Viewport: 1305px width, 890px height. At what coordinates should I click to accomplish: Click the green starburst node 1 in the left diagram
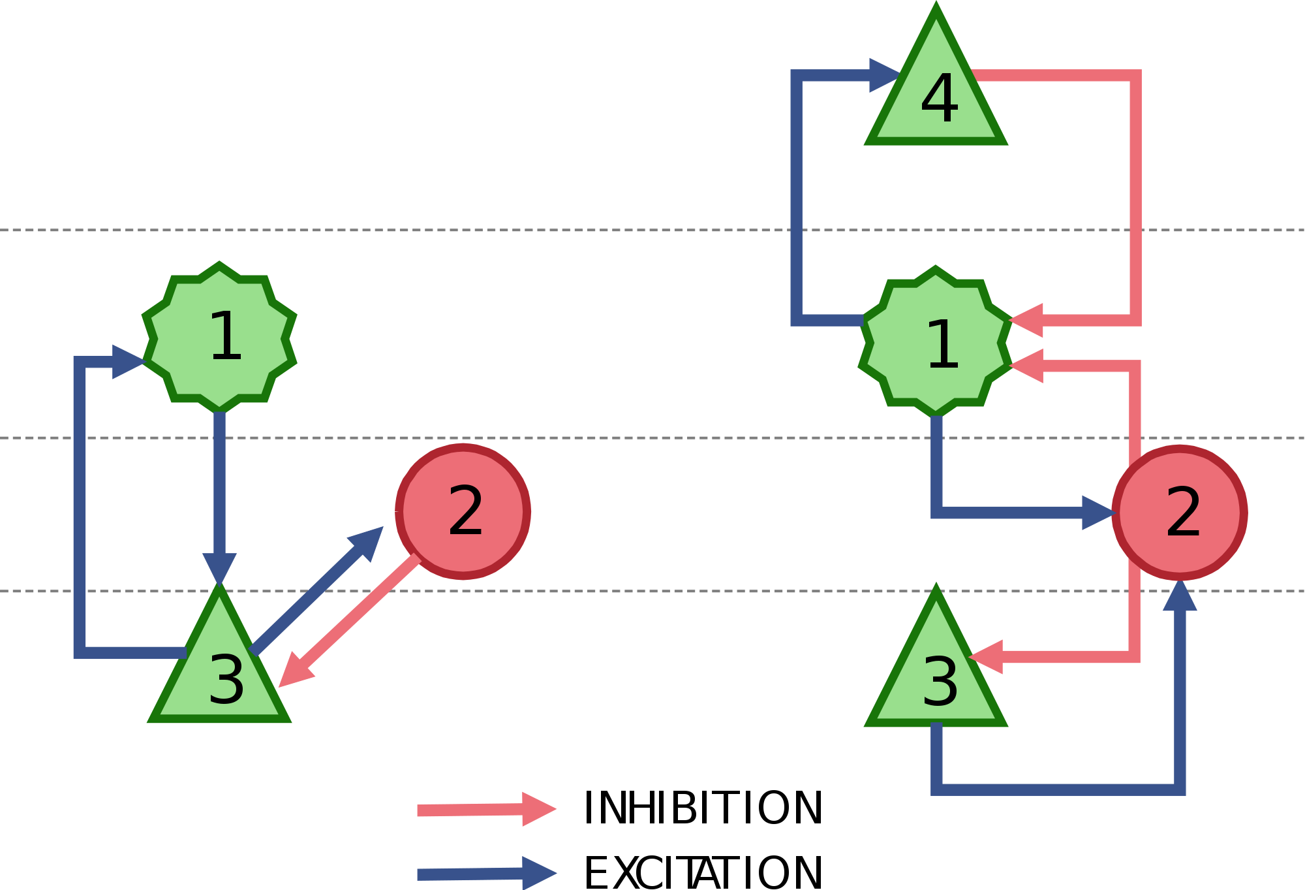[219, 338]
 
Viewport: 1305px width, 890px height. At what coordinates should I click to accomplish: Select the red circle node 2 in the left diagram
[463, 512]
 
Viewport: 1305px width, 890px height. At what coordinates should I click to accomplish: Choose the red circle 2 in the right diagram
[1180, 513]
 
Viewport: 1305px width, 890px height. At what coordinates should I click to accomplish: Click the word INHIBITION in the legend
[703, 808]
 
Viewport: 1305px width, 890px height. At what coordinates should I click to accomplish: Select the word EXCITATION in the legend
[703, 873]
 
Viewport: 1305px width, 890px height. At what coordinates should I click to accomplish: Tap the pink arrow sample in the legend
[487, 810]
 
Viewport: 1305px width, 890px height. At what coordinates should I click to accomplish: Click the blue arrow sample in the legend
[487, 874]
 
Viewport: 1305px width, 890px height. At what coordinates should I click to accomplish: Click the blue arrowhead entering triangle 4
[885, 75]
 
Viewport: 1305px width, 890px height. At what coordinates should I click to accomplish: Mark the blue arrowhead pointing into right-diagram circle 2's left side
[1098, 513]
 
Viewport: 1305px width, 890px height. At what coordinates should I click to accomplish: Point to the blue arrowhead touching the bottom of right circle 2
[1180, 595]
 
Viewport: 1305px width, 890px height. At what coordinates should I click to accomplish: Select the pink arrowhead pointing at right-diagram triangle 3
[986, 657]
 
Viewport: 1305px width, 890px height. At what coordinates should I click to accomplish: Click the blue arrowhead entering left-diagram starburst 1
[129, 362]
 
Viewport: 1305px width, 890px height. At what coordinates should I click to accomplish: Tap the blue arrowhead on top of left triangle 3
[219, 569]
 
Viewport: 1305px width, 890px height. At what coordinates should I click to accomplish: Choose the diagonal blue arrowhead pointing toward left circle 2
[367, 542]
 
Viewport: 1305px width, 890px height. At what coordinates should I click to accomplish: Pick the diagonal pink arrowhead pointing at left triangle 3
[296, 670]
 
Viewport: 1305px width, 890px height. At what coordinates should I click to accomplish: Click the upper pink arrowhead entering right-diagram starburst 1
[1026, 320]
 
